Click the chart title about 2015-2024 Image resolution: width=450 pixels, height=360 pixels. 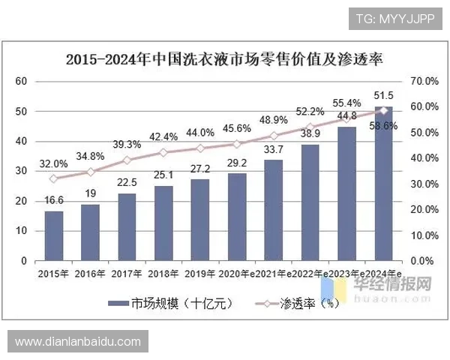coord(224,59)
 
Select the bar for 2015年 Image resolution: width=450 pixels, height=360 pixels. coord(54,236)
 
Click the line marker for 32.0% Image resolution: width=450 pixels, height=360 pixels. coord(53,178)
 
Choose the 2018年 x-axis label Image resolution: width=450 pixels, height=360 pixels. coord(163,274)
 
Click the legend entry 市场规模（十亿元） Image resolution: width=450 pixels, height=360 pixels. coord(172,304)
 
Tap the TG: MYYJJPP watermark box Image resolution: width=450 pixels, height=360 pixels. coord(395,16)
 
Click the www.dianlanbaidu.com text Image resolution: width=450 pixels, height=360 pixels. coord(77,342)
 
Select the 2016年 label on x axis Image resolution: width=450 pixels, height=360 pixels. coord(91,274)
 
